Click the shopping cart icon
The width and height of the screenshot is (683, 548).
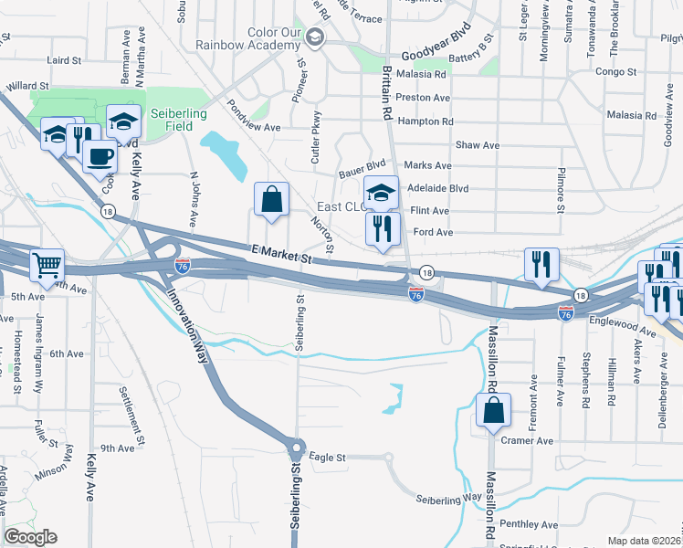coord(47,266)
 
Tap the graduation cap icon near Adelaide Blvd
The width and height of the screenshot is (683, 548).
coord(382,193)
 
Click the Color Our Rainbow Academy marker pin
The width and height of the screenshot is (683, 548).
coord(316,37)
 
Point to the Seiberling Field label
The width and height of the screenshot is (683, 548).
coord(179,120)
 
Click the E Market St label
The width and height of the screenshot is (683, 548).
coord(282,258)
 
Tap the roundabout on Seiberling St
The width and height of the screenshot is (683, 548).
coord(296,449)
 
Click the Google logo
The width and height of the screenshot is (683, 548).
coord(30,537)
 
